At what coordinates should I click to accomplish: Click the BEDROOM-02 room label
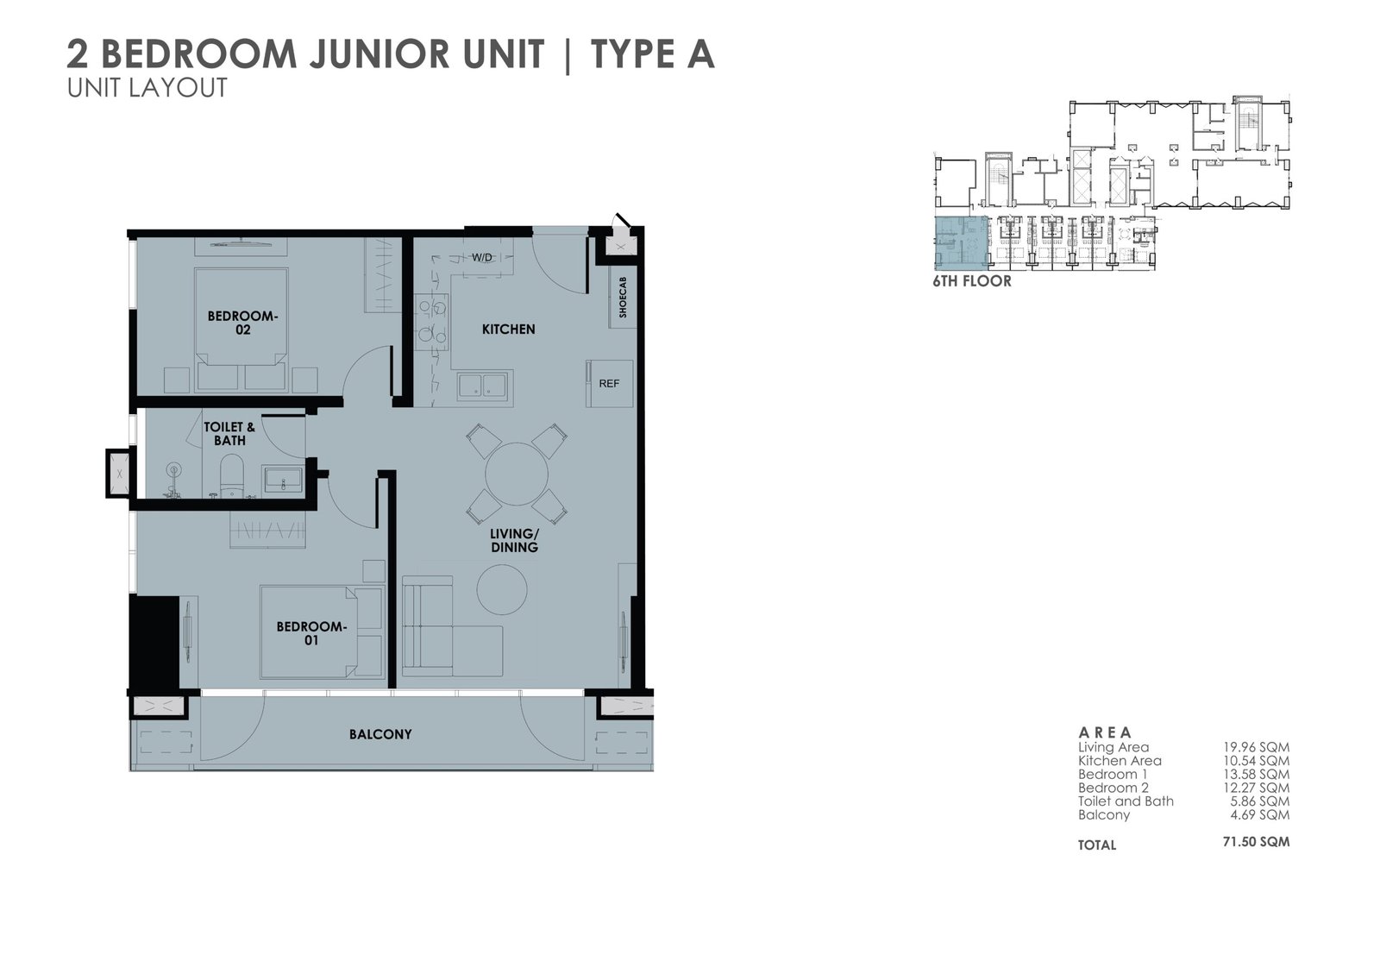pyautogui.click(x=242, y=323)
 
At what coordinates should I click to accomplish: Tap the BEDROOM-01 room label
pyautogui.click(x=311, y=633)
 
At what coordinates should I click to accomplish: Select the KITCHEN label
pyautogui.click(x=508, y=330)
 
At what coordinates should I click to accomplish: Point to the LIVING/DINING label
pyautogui.click(x=514, y=541)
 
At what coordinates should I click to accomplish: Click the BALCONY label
pyautogui.click(x=380, y=734)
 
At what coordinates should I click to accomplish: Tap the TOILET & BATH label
pyautogui.click(x=229, y=433)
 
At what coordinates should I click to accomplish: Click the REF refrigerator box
pyautogui.click(x=609, y=383)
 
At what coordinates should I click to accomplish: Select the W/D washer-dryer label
pyautogui.click(x=482, y=257)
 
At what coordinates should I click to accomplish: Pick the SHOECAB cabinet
pyautogui.click(x=623, y=297)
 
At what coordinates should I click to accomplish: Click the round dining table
pyautogui.click(x=517, y=474)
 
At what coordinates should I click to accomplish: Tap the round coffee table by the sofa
pyautogui.click(x=502, y=590)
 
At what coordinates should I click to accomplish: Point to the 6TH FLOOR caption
pyautogui.click(x=972, y=282)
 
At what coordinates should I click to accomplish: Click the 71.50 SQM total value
pyautogui.click(x=1256, y=842)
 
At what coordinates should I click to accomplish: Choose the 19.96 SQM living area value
pyautogui.click(x=1256, y=748)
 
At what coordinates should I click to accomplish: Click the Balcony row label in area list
pyautogui.click(x=1104, y=815)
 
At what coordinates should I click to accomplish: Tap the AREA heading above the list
pyautogui.click(x=1105, y=732)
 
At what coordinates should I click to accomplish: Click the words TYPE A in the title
pyautogui.click(x=653, y=54)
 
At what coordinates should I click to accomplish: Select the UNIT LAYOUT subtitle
pyautogui.click(x=147, y=87)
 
